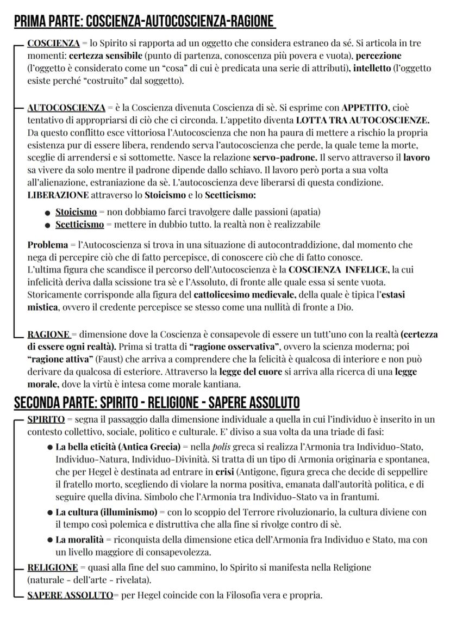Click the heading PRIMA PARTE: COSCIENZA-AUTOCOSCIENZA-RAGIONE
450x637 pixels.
143,21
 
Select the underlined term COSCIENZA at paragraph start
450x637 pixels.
53,43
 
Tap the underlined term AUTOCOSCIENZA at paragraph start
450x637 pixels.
66,108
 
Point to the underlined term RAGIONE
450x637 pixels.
48,335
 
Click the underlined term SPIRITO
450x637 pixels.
46,419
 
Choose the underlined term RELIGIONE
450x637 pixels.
52,567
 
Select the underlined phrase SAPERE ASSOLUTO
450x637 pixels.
70,595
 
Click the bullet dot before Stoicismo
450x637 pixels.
48,212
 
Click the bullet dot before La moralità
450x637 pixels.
50,540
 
